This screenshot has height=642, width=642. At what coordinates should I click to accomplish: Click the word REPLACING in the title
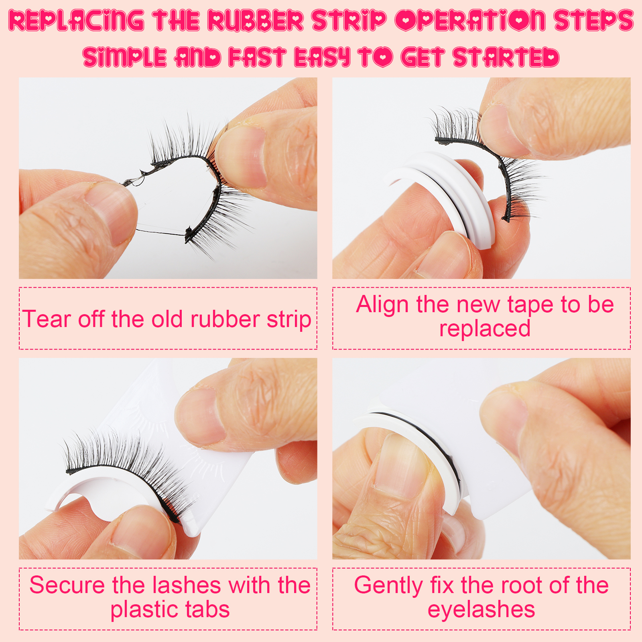click(x=76, y=20)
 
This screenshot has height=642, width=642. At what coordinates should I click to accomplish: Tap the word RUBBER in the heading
click(x=256, y=20)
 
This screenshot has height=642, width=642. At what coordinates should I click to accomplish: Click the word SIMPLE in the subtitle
click(x=125, y=57)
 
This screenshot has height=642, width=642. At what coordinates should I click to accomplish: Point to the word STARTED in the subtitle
click(x=506, y=57)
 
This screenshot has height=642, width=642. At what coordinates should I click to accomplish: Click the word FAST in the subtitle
click(x=257, y=57)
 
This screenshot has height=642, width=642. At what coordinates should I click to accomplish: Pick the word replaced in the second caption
click(x=485, y=329)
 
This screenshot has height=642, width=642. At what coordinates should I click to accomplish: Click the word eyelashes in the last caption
click(x=481, y=610)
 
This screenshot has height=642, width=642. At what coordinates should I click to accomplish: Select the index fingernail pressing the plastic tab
click(x=201, y=415)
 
